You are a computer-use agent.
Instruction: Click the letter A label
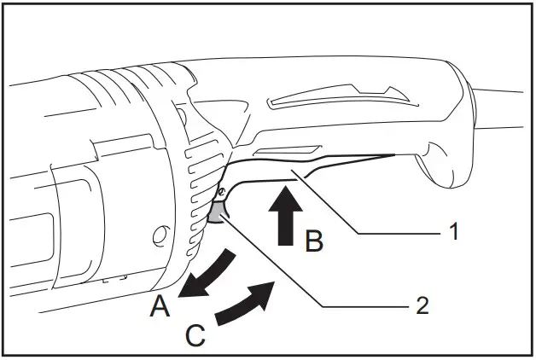159,305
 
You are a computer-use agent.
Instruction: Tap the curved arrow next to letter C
248,305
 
